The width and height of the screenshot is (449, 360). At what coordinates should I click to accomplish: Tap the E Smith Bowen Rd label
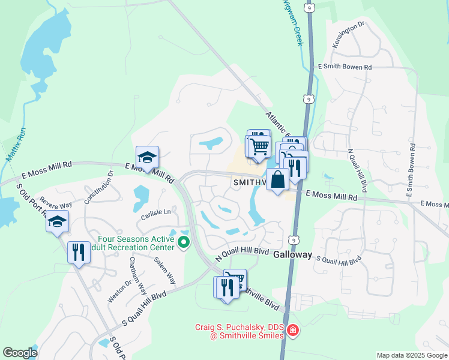pyautogui.click(x=344, y=67)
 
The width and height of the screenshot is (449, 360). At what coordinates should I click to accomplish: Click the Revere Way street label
pyautogui.click(x=56, y=202)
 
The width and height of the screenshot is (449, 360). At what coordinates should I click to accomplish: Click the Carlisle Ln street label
pyautogui.click(x=156, y=212)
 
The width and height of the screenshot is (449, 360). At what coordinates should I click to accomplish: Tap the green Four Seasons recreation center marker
pyautogui.click(x=184, y=243)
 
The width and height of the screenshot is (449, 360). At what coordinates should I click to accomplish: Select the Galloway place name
pyautogui.click(x=293, y=254)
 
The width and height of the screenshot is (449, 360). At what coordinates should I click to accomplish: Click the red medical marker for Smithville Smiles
pyautogui.click(x=292, y=331)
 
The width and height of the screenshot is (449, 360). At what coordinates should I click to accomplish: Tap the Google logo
pyautogui.click(x=20, y=353)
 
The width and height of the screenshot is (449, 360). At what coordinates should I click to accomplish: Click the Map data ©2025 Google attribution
pyautogui.click(x=412, y=355)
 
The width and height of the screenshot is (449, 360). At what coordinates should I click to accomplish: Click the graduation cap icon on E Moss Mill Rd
pyautogui.click(x=147, y=157)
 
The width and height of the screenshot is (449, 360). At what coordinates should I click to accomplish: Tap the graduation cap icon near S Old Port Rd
pyautogui.click(x=58, y=222)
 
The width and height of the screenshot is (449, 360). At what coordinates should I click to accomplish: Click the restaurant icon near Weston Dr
pyautogui.click(x=79, y=252)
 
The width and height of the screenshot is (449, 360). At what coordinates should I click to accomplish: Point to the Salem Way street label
pyautogui.click(x=164, y=270)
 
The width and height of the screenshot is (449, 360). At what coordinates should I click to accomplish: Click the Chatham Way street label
pyautogui.click(x=137, y=277)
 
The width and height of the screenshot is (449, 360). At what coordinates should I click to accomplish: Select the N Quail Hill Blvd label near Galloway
pyautogui.click(x=240, y=253)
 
